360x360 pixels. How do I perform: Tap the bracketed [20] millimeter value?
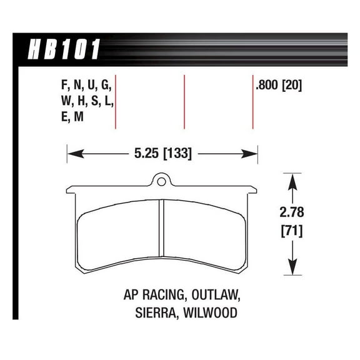291,85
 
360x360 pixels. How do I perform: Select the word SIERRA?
154,312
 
